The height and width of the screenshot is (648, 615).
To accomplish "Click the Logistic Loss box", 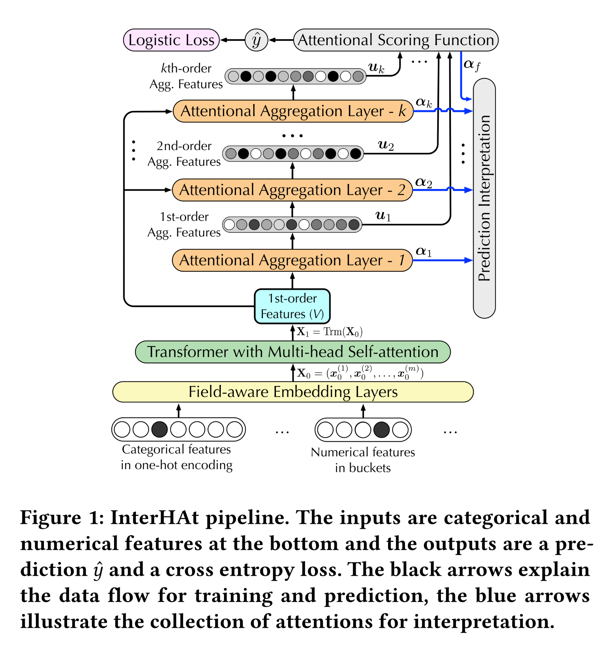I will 171,40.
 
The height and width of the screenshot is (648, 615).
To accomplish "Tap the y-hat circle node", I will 256,40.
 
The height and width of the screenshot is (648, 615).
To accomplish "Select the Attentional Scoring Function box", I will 396,40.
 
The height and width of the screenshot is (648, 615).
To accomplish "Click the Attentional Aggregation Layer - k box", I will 293,111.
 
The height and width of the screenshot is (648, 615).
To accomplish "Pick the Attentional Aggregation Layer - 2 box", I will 292,190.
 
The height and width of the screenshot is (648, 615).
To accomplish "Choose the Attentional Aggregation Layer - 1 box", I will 292,260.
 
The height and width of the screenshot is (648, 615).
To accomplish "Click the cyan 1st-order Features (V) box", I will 292,306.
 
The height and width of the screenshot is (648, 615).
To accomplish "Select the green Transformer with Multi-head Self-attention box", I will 293,352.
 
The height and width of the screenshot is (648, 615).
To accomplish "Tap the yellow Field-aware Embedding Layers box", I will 293,392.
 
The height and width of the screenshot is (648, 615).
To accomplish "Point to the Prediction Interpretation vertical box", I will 484,198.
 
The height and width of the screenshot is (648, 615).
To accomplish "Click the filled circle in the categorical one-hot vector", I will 159,430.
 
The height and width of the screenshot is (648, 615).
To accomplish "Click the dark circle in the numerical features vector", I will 382,430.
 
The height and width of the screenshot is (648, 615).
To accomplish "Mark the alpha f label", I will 471,65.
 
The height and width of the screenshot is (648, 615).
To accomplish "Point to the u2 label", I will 386,145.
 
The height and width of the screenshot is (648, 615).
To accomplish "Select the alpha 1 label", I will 423,251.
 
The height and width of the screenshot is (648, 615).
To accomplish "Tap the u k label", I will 376,68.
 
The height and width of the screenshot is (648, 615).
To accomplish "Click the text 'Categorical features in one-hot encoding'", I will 177,457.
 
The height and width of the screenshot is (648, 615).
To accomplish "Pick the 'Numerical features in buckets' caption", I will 363,460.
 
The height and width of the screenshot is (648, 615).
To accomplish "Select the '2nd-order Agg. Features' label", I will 184,154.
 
